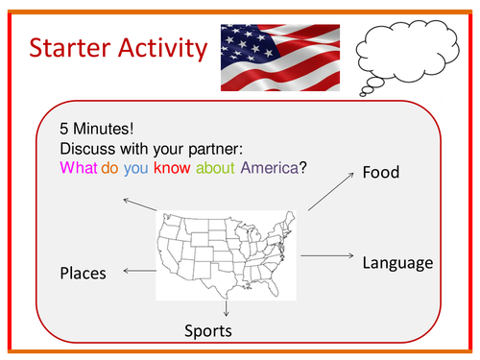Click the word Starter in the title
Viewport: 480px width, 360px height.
72,48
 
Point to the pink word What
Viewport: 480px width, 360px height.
78,167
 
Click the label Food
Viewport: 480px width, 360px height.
382,173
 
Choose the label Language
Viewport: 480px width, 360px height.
397,262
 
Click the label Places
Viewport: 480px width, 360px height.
83,274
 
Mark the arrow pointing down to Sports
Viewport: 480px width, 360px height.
226,308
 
